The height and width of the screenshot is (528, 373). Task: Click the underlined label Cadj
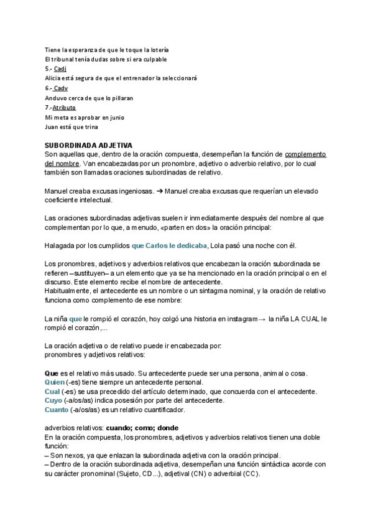(60, 68)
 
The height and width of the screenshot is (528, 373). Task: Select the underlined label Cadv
(61, 88)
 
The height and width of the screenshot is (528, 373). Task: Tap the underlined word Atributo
(64, 108)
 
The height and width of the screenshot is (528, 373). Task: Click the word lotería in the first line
(158, 49)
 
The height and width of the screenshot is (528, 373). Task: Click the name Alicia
(53, 78)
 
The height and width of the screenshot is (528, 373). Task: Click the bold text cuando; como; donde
(142, 428)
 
